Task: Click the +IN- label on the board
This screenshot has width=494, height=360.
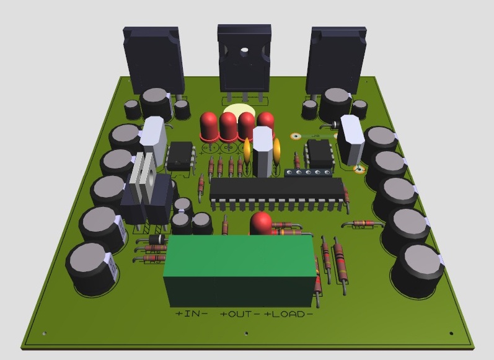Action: coord(192,314)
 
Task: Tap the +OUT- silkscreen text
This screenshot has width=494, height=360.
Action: coord(240,314)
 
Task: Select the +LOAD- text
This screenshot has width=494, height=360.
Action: coord(288,314)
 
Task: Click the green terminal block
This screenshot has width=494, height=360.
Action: coord(240,271)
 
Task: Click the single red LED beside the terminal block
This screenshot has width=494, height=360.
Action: coord(261,223)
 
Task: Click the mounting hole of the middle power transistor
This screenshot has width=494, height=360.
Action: coord(244,50)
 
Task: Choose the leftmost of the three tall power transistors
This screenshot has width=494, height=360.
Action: coord(154,60)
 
